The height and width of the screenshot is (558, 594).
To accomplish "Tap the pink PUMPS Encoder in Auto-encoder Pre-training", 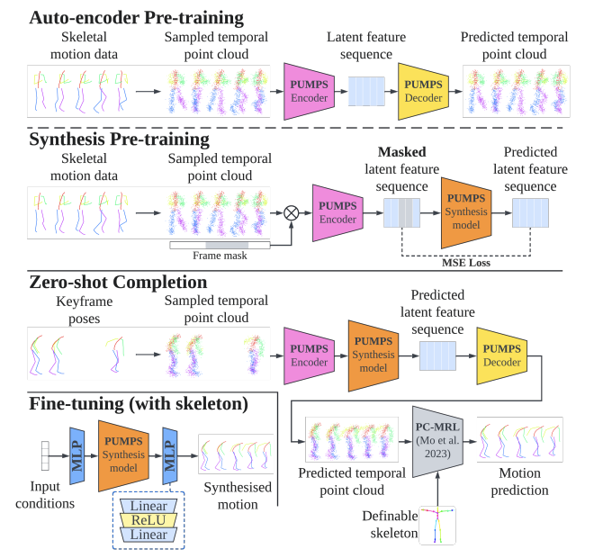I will tap(309, 90).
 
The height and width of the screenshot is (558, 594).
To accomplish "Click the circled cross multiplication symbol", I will tap(290, 212).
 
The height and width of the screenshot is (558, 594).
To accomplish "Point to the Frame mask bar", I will tap(220, 244).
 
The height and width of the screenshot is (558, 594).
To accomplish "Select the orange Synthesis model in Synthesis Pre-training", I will tap(464, 212).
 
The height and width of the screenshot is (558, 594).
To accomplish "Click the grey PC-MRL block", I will tap(436, 441).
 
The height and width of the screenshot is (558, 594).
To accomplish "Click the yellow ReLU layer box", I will tap(148, 520).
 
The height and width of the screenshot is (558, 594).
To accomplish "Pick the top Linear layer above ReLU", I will tap(148, 506).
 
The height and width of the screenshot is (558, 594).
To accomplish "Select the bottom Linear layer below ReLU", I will tap(148, 535).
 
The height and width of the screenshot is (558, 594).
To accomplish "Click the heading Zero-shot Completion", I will tap(118, 282).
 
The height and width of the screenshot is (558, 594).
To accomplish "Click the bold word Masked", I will tap(401, 152).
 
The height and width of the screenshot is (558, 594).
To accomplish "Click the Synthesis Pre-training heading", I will tap(119, 139).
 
